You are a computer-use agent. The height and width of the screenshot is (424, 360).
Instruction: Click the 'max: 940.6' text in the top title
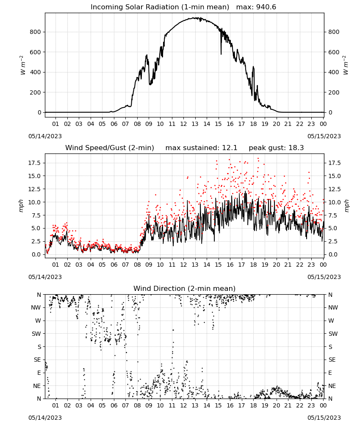pyautogui.click(x=256, y=7)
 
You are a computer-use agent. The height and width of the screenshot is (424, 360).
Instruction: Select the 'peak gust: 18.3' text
pyautogui.click(x=276, y=148)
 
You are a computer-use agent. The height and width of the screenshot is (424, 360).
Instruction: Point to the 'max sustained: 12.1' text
pyautogui.click(x=201, y=148)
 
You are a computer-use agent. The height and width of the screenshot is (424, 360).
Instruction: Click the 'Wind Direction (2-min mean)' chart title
pyautogui.click(x=185, y=288)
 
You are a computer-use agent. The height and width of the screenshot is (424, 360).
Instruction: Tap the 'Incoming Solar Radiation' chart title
pyautogui.click(x=135, y=7)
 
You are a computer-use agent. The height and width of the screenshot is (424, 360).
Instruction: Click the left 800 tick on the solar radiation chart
pyautogui.click(x=36, y=32)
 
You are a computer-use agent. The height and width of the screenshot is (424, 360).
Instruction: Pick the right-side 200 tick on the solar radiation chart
pyautogui.click(x=334, y=92)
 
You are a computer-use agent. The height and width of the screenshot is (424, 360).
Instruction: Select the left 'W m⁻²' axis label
pyautogui.click(x=23, y=65)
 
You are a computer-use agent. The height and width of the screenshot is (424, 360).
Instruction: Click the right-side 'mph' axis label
pyautogui.click(x=347, y=206)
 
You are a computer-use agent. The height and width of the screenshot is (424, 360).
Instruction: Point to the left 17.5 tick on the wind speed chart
pyautogui.click(x=35, y=163)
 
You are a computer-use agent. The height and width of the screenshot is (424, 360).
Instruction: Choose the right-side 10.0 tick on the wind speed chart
pyautogui.click(x=335, y=202)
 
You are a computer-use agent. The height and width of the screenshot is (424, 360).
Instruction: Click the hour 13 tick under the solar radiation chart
pyautogui.click(x=195, y=124)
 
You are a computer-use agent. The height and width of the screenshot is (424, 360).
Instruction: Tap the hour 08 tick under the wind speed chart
pyautogui.click(x=137, y=265)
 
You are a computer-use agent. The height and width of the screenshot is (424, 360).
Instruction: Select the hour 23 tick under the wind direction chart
pyautogui.click(x=311, y=405)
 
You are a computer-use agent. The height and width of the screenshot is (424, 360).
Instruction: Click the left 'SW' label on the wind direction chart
pyautogui.click(x=36, y=334)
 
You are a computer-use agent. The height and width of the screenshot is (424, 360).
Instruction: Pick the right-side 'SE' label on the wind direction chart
pyautogui.click(x=332, y=360)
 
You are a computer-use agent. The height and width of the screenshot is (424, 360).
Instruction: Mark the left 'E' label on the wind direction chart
pyautogui.click(x=39, y=373)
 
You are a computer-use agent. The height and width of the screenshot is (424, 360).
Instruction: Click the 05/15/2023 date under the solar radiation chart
pyautogui.click(x=324, y=136)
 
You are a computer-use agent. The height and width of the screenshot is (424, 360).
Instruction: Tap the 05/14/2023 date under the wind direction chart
pyautogui.click(x=45, y=418)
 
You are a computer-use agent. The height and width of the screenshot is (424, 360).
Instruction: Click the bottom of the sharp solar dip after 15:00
pyautogui.click(x=221, y=54)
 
